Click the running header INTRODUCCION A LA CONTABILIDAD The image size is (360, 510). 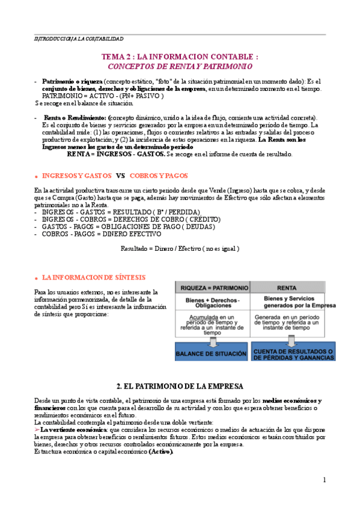click(79, 38)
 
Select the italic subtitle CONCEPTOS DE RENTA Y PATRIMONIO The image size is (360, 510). click(180, 66)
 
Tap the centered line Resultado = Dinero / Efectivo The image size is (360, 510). click(180, 248)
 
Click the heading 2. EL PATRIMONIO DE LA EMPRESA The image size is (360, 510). click(180, 385)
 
